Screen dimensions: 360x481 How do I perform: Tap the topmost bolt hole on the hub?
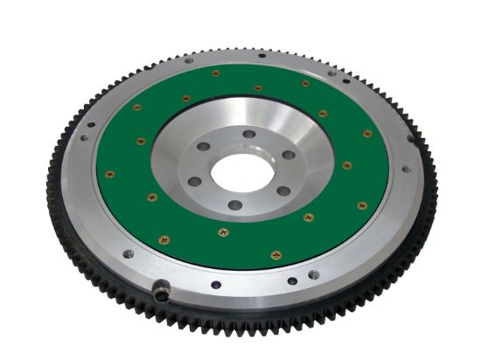pyautogui.click(x=249, y=134)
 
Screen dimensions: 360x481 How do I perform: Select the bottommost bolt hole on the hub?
pyautogui.click(x=234, y=205)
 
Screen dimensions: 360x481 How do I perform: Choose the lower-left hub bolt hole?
pyautogui.click(x=195, y=182)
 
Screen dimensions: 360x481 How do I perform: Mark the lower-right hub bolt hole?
pyautogui.click(x=282, y=190)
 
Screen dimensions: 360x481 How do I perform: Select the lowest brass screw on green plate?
pyautogui.click(x=273, y=253)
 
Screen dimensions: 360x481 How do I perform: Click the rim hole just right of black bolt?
pyautogui.click(x=216, y=284)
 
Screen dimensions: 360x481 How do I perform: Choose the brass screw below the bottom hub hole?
pyautogui.click(x=222, y=232)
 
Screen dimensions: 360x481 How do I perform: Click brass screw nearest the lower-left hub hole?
pyautogui.click(x=151, y=197)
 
